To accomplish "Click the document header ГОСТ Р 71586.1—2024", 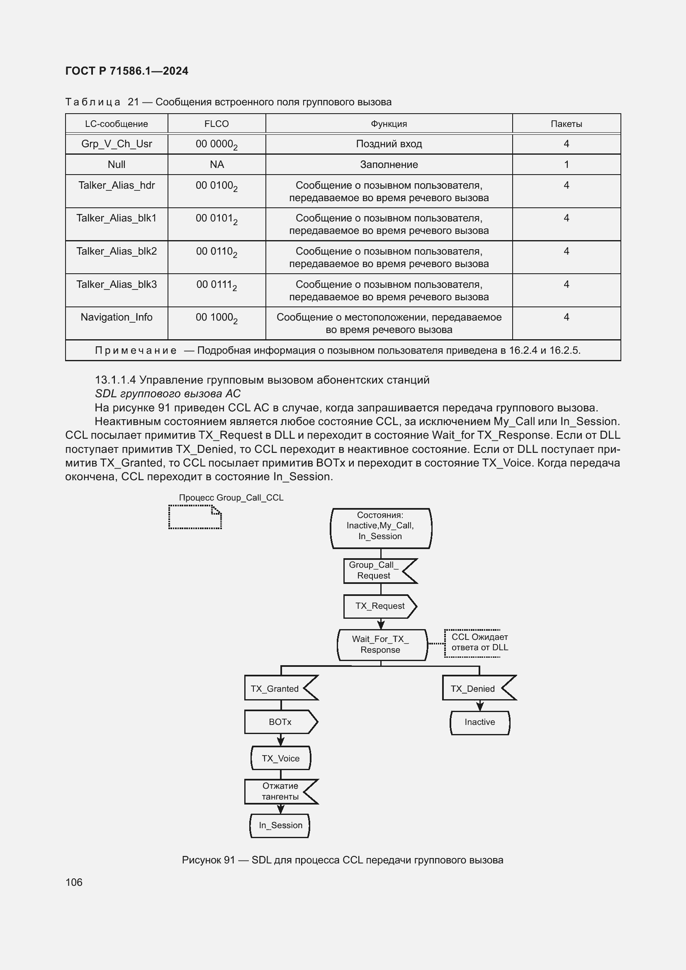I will click(127, 71).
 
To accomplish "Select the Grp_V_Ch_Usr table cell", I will click(117, 144).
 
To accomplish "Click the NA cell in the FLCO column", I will click(217, 165).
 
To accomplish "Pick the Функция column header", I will click(389, 124).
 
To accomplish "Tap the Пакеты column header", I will click(566, 124).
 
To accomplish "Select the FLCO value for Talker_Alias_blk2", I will click(217, 252).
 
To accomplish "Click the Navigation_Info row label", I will click(117, 317).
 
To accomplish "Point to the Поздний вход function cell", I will click(389, 144).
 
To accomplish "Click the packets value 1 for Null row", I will click(566, 165).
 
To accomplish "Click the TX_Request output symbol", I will click(379, 606).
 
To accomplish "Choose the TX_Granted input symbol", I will click(277, 689).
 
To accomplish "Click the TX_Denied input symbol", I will click(475, 689).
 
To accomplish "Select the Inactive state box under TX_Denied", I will click(479, 722).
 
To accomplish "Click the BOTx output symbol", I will click(280, 722).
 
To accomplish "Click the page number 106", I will click(74, 882).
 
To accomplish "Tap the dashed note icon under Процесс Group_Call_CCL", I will click(195, 517).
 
